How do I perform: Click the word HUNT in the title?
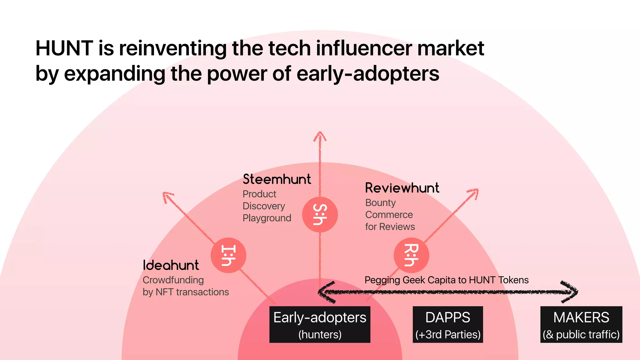pyautogui.click(x=64, y=48)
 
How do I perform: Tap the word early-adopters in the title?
pyautogui.click(x=368, y=74)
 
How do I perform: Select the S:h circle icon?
pyautogui.click(x=320, y=215)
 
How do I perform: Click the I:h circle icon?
pyautogui.click(x=228, y=255)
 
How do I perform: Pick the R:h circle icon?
pyautogui.click(x=411, y=255)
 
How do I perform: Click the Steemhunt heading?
pyautogui.click(x=277, y=179)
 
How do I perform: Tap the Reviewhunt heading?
pyautogui.click(x=402, y=188)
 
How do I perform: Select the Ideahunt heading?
pyautogui.click(x=171, y=265)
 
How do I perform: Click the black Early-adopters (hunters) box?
pyautogui.click(x=320, y=324)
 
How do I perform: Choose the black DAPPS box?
pyautogui.click(x=447, y=324)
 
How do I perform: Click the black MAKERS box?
pyautogui.click(x=581, y=324)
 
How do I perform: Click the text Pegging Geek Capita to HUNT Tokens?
pyautogui.click(x=447, y=280)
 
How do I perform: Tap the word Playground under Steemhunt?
pyautogui.click(x=267, y=218)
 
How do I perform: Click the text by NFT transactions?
pyautogui.click(x=186, y=292)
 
